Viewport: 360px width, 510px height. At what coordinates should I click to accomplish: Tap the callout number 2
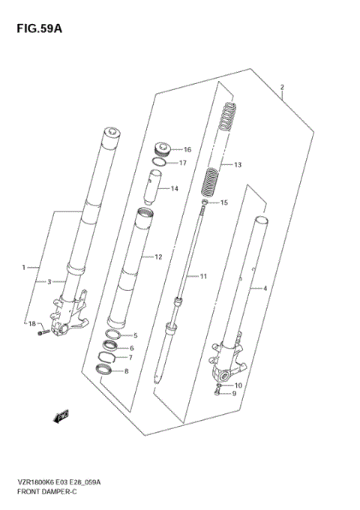coord(282,87)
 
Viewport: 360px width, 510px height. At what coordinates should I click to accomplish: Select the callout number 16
coord(187,149)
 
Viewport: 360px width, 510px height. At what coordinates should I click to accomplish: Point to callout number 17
coord(182,163)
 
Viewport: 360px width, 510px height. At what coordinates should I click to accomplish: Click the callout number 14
coord(174,188)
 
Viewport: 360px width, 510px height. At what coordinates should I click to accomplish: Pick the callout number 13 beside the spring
coord(238,165)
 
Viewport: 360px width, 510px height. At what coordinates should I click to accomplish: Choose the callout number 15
coord(224,202)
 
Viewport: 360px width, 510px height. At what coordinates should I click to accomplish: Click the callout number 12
coord(158,257)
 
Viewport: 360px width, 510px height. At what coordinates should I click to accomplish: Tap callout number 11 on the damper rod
coord(202,277)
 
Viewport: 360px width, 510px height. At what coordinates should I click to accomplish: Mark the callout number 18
coord(31,323)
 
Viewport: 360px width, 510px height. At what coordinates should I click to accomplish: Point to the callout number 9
coord(233,393)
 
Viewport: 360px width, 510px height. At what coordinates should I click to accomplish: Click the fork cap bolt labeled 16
coord(162,148)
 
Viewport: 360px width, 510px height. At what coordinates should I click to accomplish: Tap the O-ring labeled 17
coord(160,162)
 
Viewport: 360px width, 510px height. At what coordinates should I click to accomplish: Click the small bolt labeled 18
coord(46,331)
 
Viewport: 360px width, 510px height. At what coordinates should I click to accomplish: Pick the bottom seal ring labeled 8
coord(103,370)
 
